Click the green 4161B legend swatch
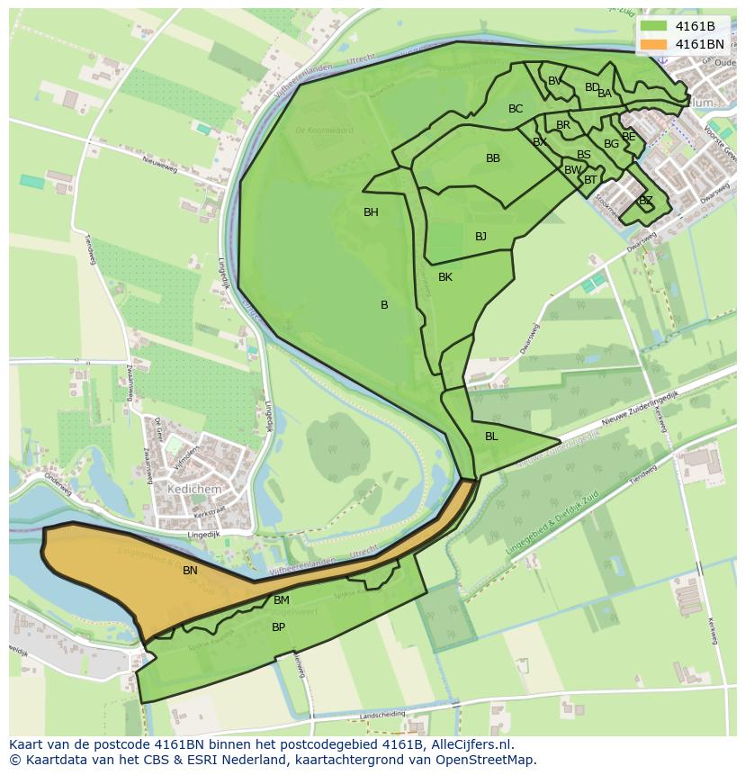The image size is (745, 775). click(x=654, y=26)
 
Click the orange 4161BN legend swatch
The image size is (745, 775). click(x=654, y=44)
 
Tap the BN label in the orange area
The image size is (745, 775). click(x=190, y=571)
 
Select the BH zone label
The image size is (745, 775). click(x=371, y=212)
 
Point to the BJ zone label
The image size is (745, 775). click(x=480, y=237)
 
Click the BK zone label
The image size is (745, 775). click(x=445, y=277)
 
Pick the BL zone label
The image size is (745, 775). click(x=491, y=437)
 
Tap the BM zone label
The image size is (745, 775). click(x=282, y=600)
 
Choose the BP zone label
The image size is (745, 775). click(x=278, y=627)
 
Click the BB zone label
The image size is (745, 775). click(x=493, y=158)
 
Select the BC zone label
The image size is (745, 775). click(x=516, y=109)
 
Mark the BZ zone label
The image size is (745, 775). click(x=645, y=201)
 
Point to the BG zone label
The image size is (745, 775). click(x=611, y=144)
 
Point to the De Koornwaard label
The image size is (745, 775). click(x=324, y=131)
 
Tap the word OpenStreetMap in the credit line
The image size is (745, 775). click(x=485, y=760)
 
